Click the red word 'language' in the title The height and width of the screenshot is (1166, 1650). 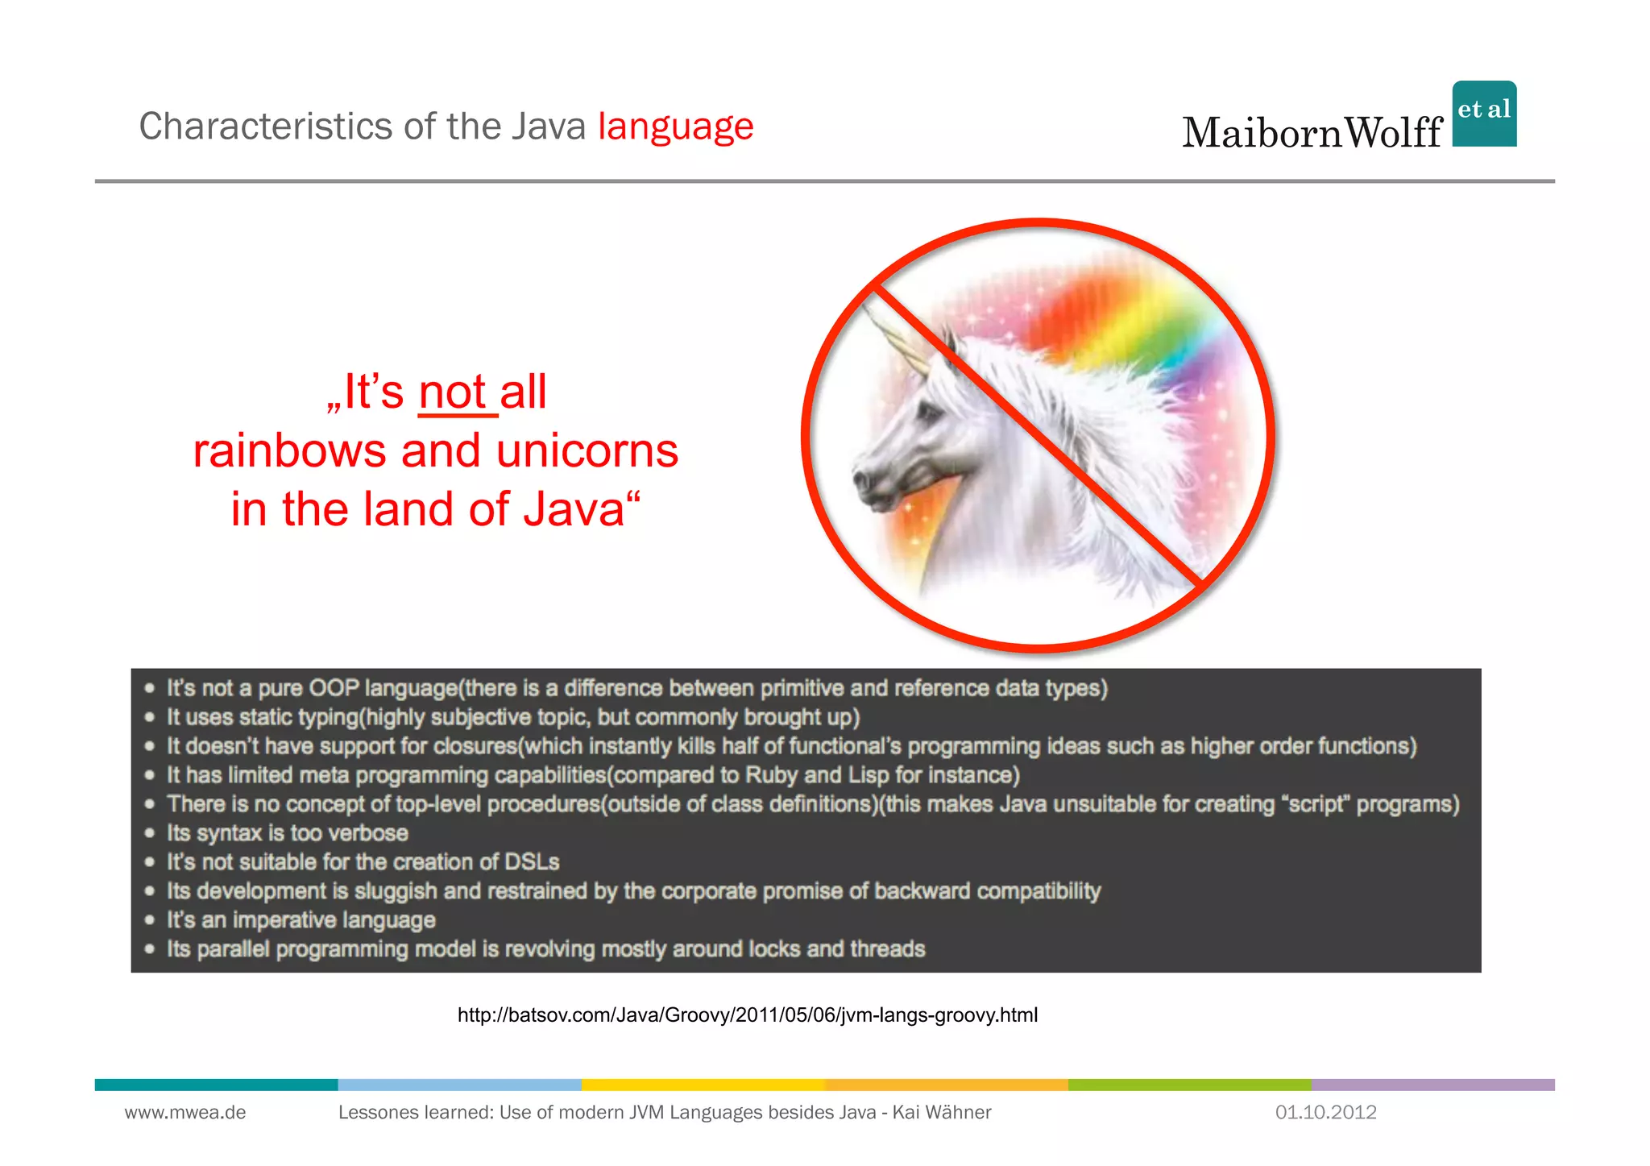675,127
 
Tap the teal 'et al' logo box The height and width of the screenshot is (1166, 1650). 1484,114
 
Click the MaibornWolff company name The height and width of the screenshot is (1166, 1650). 1312,133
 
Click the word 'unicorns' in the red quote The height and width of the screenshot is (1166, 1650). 587,451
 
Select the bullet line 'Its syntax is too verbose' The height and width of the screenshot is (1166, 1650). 288,833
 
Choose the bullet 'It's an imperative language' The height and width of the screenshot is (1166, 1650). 301,920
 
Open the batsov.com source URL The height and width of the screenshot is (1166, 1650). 747,1015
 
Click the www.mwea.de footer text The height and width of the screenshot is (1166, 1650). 185,1113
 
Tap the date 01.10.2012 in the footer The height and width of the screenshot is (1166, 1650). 1325,1113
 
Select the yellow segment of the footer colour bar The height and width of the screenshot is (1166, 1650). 703,1085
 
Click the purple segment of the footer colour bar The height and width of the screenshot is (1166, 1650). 1432,1085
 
